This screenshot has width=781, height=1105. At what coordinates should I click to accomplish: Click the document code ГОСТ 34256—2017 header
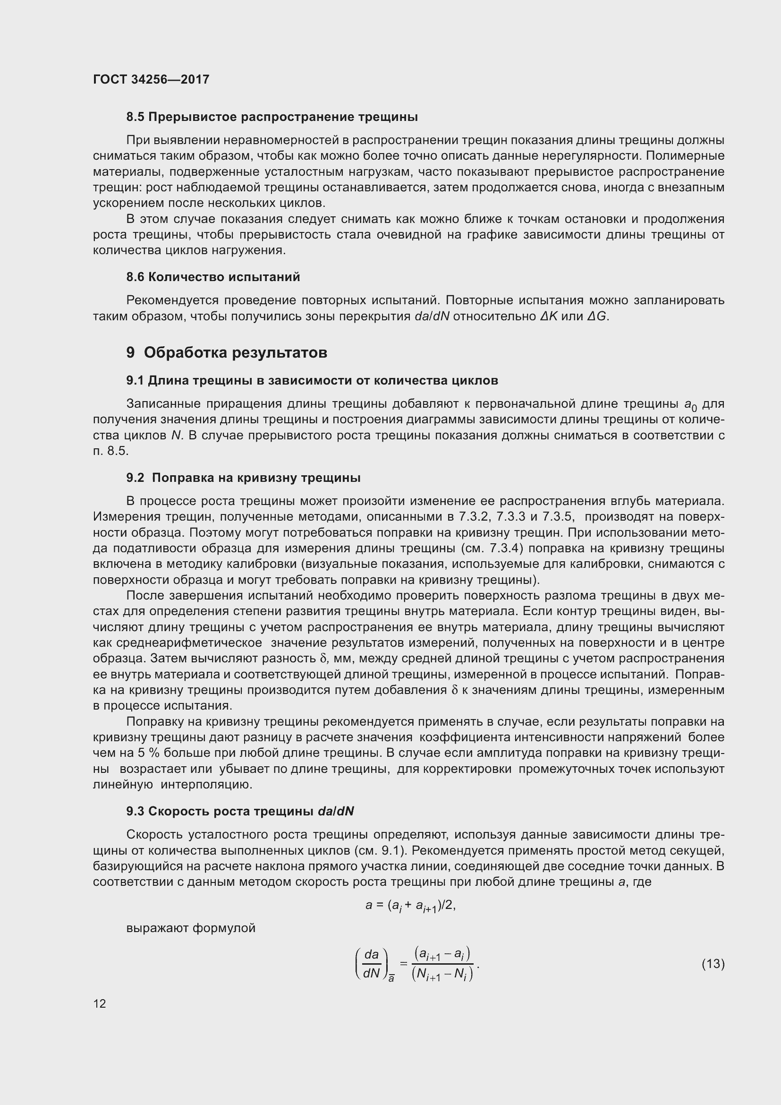pyautogui.click(x=151, y=79)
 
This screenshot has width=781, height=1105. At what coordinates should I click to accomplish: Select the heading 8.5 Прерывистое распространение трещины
pyautogui.click(x=272, y=117)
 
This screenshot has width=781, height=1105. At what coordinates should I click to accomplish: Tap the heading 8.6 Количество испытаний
pyautogui.click(x=213, y=277)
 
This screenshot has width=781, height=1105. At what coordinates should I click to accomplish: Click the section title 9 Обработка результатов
pyautogui.click(x=227, y=353)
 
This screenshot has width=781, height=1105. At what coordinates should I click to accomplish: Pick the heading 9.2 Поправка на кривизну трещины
pyautogui.click(x=243, y=478)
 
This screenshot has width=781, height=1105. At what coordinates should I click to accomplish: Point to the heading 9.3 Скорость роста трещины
pyautogui.click(x=240, y=812)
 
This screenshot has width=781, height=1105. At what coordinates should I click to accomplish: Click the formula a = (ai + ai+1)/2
pyautogui.click(x=410, y=906)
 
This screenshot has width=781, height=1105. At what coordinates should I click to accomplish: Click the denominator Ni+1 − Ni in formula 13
pyautogui.click(x=442, y=974)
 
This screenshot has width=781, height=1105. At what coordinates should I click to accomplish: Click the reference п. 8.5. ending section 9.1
pyautogui.click(x=111, y=451)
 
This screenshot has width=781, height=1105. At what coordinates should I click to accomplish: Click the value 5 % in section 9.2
pyautogui.click(x=145, y=753)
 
